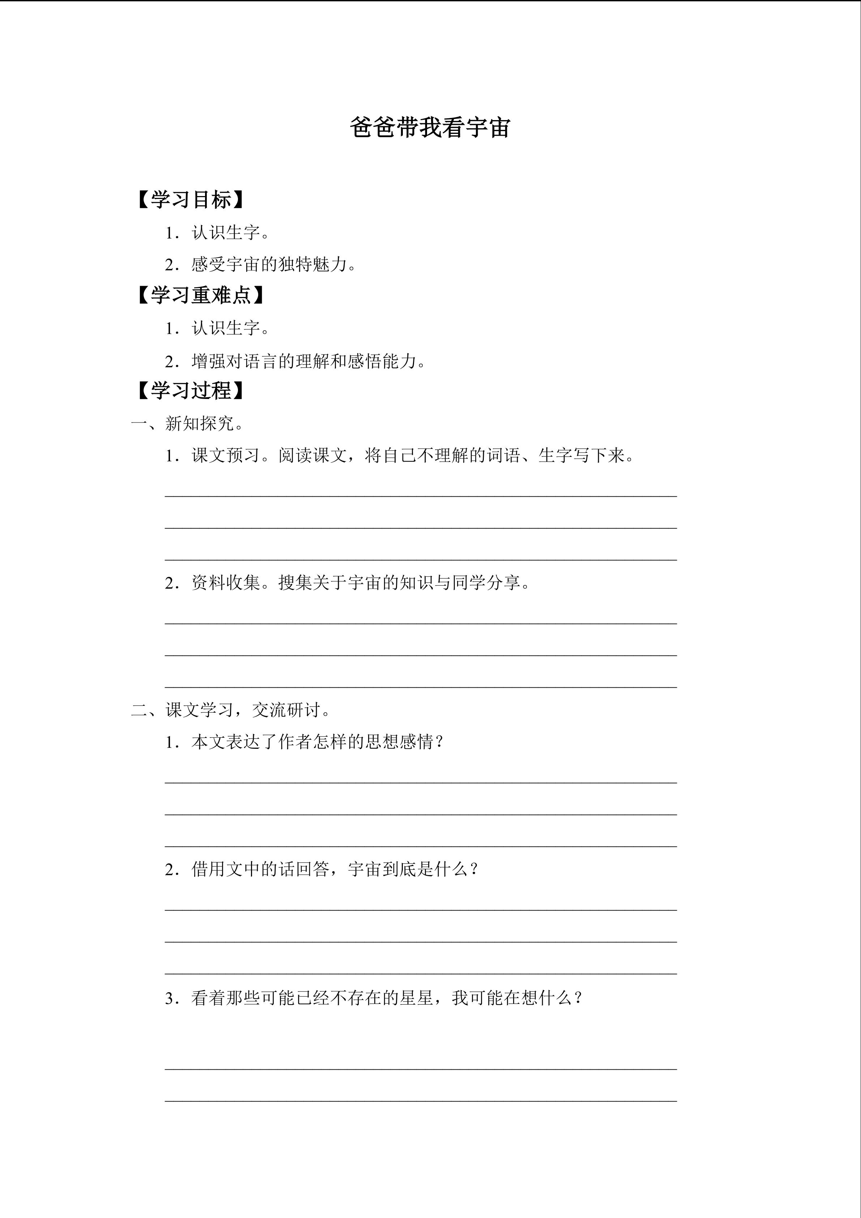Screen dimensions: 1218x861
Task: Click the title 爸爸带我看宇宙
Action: pos(430,128)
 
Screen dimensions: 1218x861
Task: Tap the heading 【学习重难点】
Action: pos(200,296)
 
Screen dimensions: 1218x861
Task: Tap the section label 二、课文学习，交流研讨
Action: pos(231,710)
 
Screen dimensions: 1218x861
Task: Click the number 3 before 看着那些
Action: pos(169,998)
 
